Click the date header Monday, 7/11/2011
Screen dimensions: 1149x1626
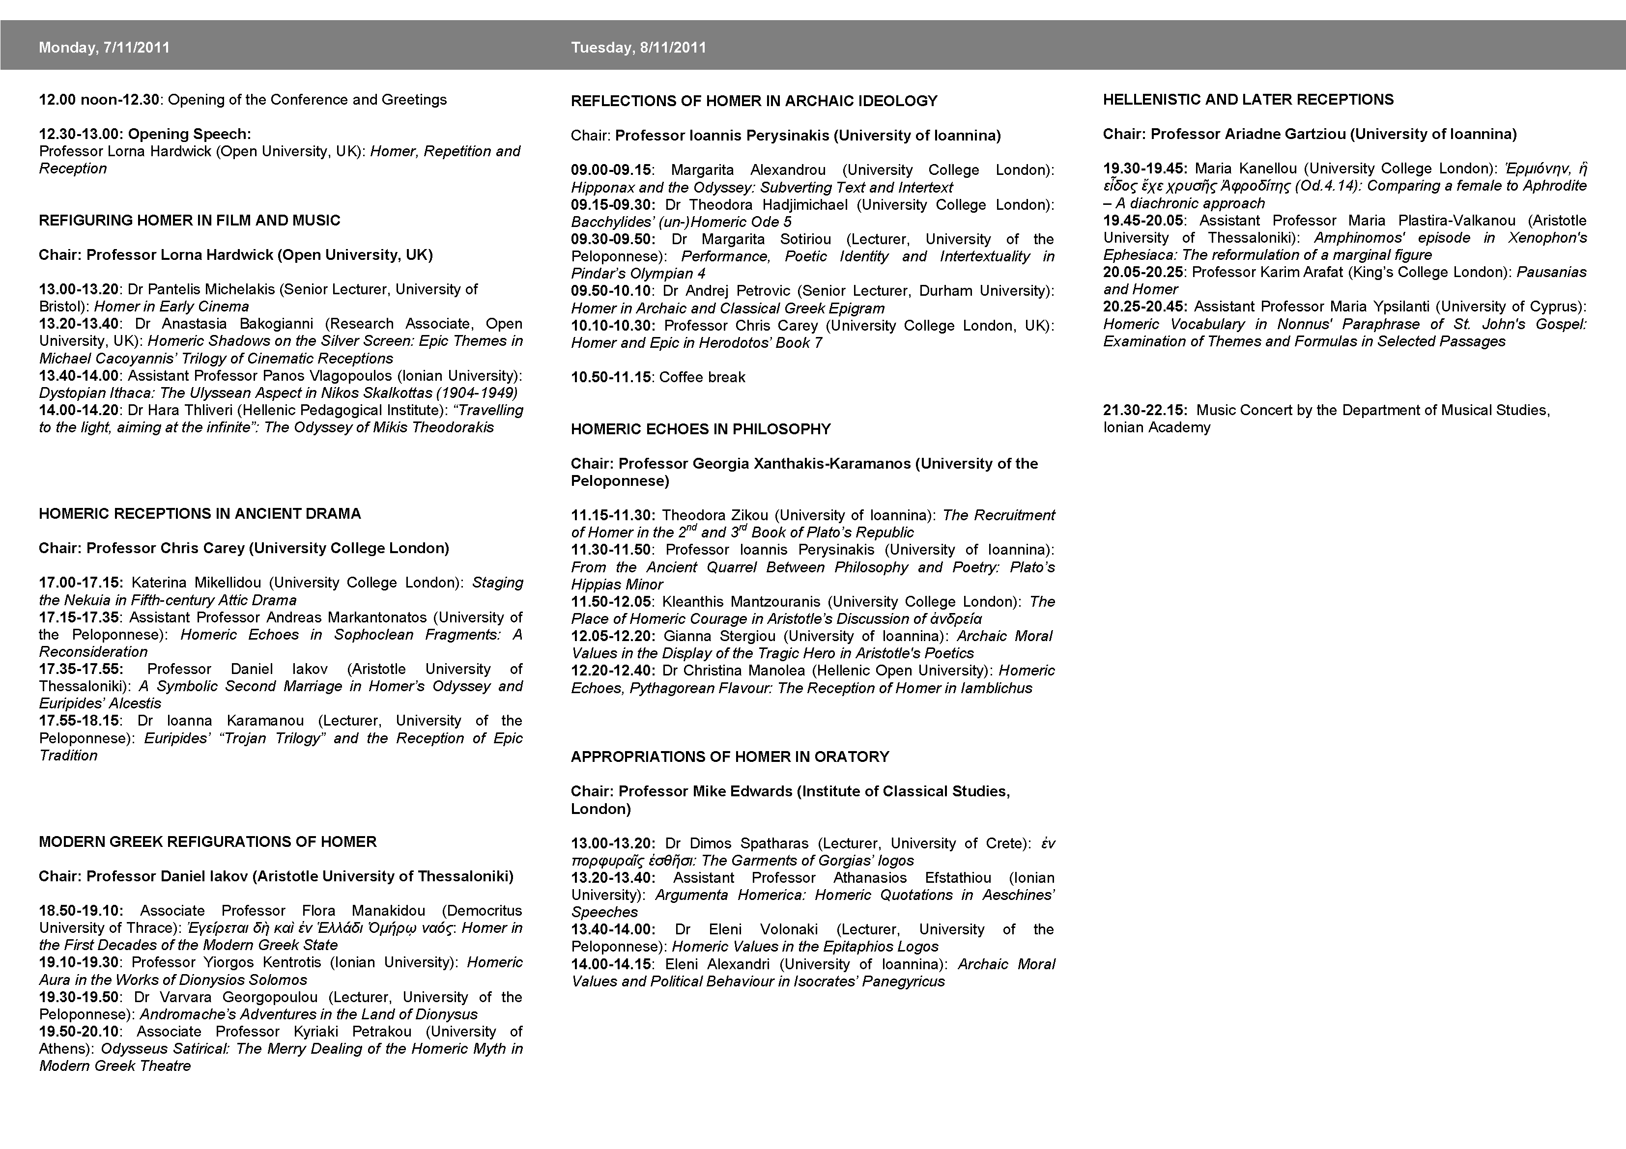104,48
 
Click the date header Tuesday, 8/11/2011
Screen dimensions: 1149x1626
638,48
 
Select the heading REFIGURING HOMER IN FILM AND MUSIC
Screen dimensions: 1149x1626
189,220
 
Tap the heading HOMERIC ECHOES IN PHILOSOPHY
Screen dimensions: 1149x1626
700,429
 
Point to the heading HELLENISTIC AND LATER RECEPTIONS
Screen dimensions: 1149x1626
1248,100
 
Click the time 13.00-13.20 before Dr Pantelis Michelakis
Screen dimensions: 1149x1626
79,289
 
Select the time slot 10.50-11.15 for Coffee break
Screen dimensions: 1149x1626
610,377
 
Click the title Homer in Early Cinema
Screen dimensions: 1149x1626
171,307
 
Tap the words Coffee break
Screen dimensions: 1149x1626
702,377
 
